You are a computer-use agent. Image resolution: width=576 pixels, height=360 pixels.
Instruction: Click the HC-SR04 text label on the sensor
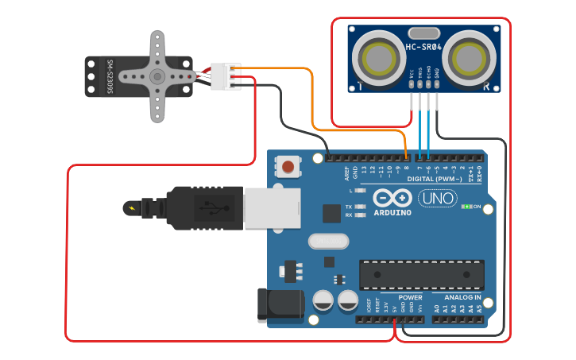click(x=423, y=47)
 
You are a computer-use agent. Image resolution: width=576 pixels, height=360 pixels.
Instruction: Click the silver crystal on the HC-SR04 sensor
click(x=424, y=33)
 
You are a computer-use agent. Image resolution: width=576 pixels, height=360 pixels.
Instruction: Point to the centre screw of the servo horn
click(x=157, y=76)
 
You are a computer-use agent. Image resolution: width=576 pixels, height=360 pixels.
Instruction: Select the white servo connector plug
click(x=226, y=76)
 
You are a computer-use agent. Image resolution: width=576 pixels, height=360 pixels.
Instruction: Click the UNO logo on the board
click(x=438, y=199)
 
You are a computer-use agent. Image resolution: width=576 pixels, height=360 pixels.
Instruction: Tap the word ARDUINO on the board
click(x=392, y=213)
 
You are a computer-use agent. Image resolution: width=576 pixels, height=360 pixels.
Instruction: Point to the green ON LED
click(x=466, y=207)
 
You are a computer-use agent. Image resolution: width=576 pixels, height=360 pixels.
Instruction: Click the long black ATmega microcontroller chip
click(x=421, y=274)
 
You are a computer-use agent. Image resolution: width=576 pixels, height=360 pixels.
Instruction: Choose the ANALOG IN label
click(x=462, y=297)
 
